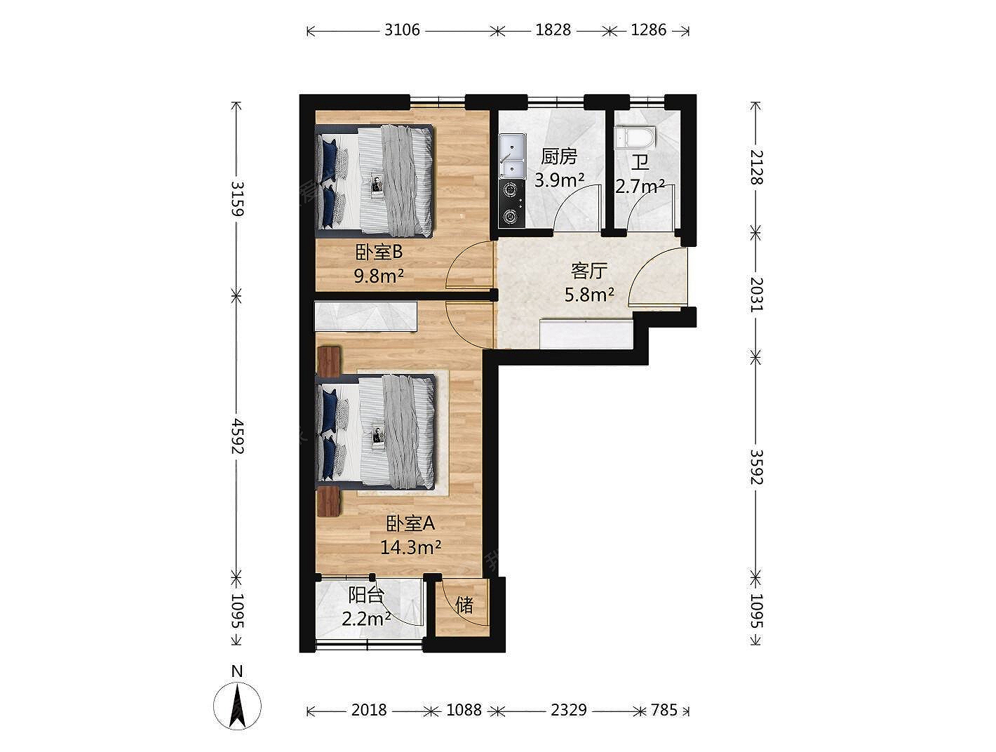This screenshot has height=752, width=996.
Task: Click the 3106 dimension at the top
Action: point(402,30)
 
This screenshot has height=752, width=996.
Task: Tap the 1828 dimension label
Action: point(553,30)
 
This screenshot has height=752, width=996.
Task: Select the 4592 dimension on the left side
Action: point(237,436)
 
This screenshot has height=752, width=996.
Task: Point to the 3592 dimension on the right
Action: point(756,467)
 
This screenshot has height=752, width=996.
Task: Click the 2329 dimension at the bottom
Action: point(569,710)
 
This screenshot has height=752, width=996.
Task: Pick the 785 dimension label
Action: point(664,710)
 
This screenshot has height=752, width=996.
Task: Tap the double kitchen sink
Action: point(512,156)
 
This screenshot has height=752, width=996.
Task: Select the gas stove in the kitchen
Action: point(511,203)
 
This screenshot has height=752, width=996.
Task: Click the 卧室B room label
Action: point(379,253)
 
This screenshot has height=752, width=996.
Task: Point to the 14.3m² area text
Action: point(410,548)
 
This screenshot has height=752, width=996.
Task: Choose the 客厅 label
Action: point(589,271)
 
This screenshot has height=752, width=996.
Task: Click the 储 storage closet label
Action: point(464,605)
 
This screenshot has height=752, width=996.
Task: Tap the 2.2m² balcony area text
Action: point(366,619)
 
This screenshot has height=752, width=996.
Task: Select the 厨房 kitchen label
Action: point(558,156)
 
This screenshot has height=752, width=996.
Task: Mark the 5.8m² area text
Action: point(589,295)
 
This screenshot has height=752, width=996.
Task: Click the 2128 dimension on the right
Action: point(756,167)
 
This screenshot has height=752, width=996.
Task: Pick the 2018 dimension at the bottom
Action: point(369,710)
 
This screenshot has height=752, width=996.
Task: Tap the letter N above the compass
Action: point(237,671)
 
